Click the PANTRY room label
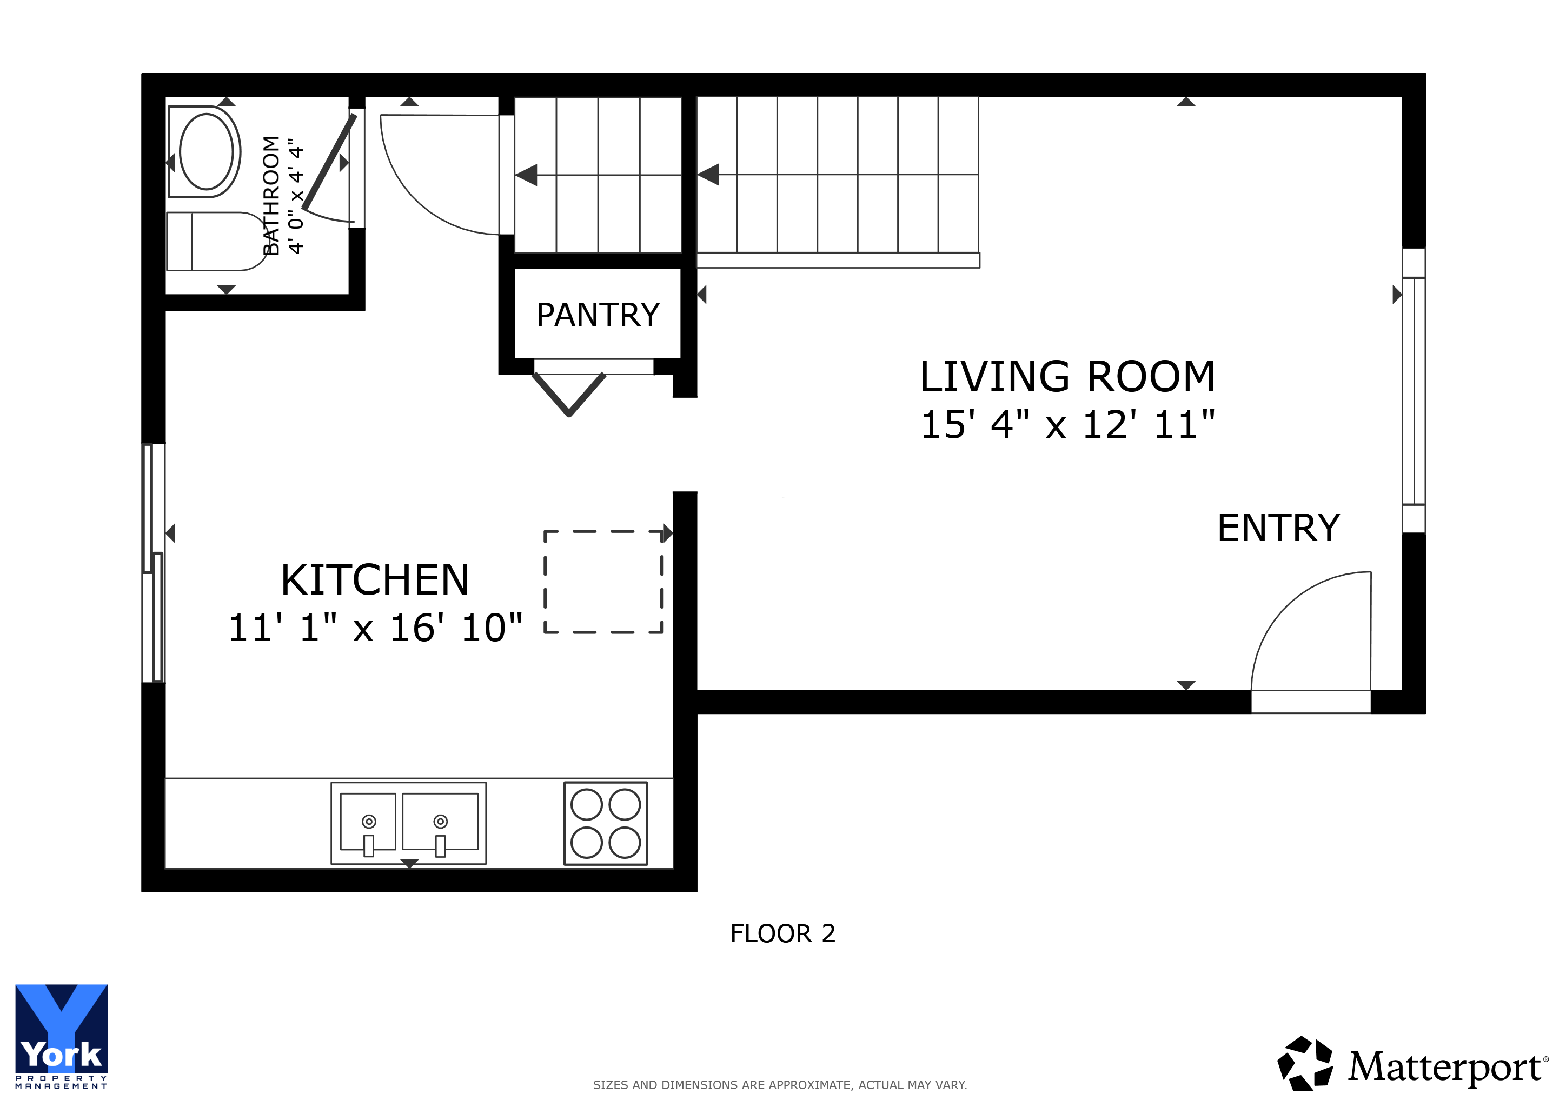tap(598, 315)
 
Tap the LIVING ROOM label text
tap(1067, 376)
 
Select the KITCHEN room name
tap(375, 579)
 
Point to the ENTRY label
tap(1279, 528)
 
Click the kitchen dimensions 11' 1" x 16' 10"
tap(375, 627)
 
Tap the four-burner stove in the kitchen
tap(606, 823)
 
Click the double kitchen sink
tap(409, 823)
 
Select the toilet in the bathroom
tap(217, 241)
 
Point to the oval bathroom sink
tap(206, 151)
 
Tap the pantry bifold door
tap(569, 394)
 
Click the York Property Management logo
tap(62, 1036)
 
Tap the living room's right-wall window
tap(1414, 391)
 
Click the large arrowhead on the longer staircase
tap(709, 175)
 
